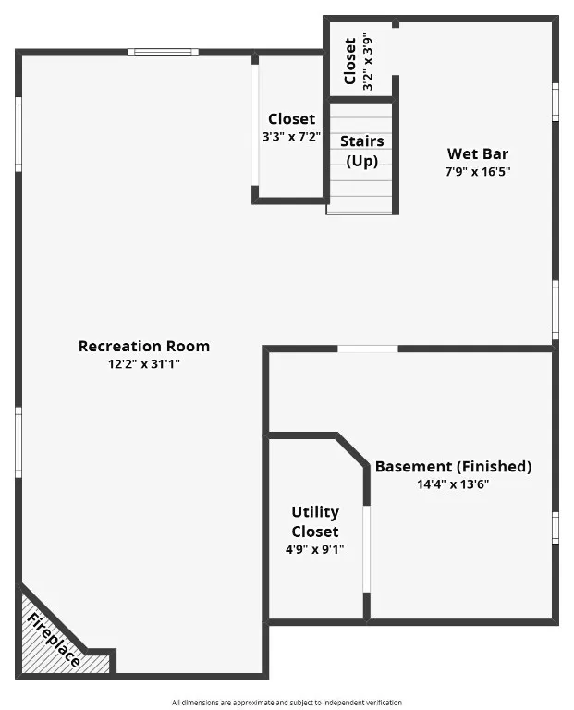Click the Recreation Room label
click(x=143, y=347)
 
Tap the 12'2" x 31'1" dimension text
click(x=143, y=364)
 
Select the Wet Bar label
click(x=477, y=153)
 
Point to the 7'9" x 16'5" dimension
click(x=477, y=171)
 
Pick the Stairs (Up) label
click(x=362, y=151)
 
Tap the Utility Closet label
click(x=315, y=521)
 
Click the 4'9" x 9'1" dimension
click(x=315, y=549)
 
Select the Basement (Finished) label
click(x=453, y=467)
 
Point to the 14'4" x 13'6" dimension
click(x=453, y=484)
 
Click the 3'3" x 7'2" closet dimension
click(x=291, y=137)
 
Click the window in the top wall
click(x=163, y=52)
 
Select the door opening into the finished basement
click(x=367, y=349)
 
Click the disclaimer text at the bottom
click(x=287, y=703)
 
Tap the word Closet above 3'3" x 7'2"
click(x=291, y=119)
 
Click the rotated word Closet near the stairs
click(x=350, y=61)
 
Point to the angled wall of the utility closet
click(x=351, y=452)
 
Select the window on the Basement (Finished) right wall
click(x=555, y=527)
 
